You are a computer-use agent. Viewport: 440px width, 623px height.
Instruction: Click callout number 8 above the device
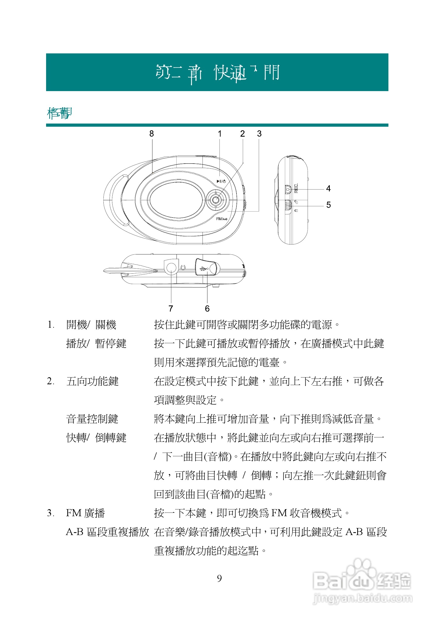151,133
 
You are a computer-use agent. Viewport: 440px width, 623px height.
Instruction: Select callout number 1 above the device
219,133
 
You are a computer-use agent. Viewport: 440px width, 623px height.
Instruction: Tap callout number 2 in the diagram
243,133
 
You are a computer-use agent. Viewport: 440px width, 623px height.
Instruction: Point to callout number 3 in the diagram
259,133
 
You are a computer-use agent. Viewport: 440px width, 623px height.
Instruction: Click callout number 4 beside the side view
328,188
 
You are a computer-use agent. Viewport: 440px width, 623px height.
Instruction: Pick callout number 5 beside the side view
328,205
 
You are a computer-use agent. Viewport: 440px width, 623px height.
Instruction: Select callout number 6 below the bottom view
207,309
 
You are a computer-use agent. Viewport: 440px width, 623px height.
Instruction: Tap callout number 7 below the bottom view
171,309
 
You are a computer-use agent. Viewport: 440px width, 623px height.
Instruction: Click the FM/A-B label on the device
222,219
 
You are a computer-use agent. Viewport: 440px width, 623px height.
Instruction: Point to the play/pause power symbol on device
221,181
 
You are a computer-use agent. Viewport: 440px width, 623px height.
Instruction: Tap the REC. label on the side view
296,188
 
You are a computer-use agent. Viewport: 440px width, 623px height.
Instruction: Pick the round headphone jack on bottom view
171,268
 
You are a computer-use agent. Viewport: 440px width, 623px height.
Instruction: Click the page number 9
219,578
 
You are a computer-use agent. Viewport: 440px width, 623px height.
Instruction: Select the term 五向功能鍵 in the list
92,381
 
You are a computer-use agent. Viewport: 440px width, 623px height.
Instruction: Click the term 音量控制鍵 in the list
92,419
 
